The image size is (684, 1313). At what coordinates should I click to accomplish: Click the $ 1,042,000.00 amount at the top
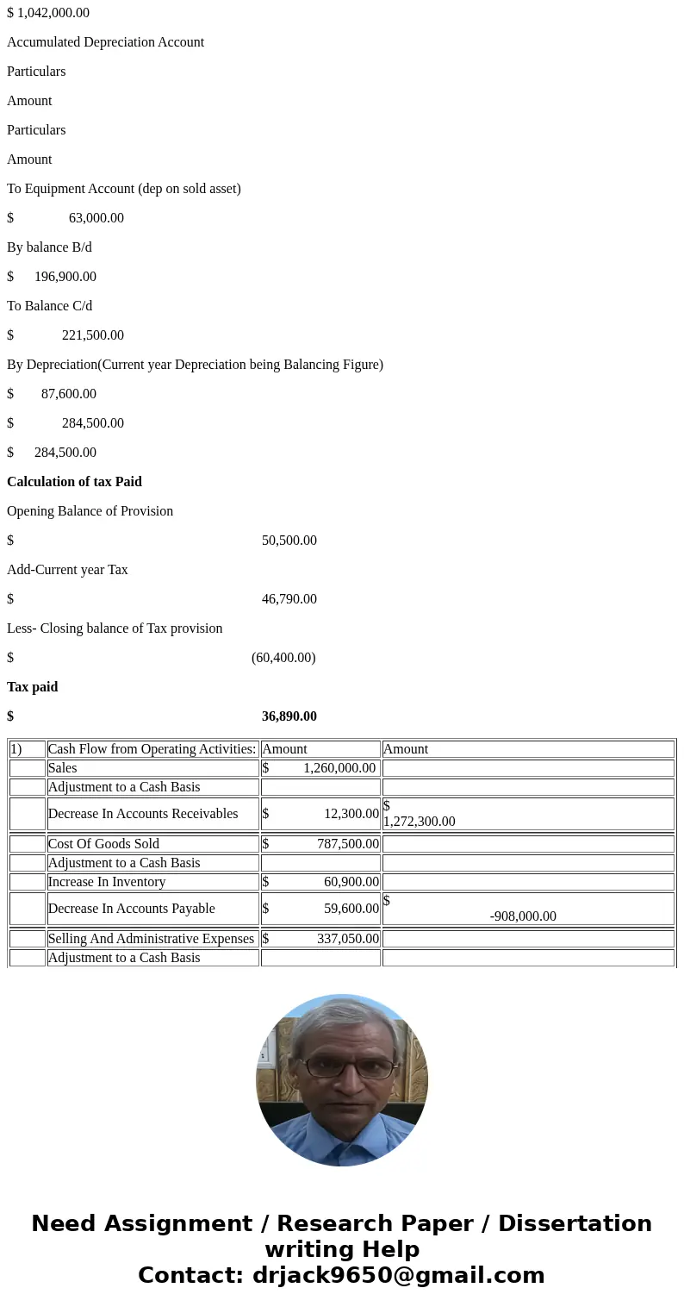(x=48, y=13)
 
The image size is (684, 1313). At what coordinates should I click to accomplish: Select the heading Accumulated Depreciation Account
(x=105, y=42)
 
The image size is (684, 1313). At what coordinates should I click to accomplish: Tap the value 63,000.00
(x=96, y=218)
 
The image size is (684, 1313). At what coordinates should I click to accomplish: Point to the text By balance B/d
(x=49, y=247)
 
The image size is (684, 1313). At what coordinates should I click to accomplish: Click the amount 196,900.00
(x=65, y=277)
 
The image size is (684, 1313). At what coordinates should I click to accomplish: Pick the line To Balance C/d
(x=49, y=306)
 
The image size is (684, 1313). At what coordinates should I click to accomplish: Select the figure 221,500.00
(x=92, y=335)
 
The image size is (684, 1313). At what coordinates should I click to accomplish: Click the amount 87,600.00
(x=68, y=394)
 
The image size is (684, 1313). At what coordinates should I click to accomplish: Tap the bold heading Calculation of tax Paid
(x=74, y=482)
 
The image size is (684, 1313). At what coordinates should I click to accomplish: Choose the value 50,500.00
(x=289, y=541)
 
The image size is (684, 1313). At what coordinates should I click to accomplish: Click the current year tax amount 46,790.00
(x=289, y=599)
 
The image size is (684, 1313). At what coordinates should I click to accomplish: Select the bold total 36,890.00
(x=289, y=716)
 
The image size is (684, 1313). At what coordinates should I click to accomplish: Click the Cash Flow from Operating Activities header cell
(x=152, y=749)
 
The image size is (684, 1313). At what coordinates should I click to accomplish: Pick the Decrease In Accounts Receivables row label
(x=143, y=814)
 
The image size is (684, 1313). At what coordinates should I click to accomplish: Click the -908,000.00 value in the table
(x=523, y=916)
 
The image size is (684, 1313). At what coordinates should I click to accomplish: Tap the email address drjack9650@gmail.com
(x=398, y=1276)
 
